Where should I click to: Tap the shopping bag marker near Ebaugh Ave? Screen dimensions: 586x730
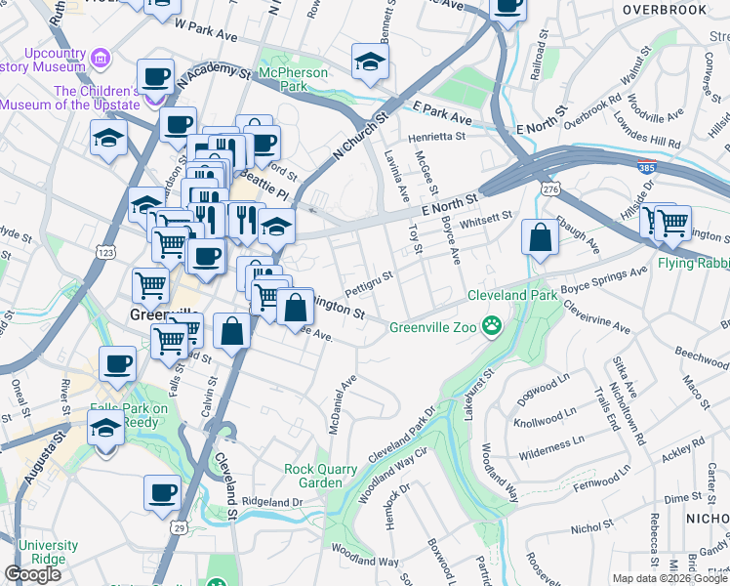click(x=540, y=238)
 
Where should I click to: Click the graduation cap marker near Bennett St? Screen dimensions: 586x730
click(x=369, y=63)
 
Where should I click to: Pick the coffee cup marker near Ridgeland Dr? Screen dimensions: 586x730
click(x=162, y=492)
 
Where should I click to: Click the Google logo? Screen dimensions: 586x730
click(x=33, y=574)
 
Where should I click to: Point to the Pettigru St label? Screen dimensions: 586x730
click(x=369, y=282)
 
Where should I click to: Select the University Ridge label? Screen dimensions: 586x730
click(x=48, y=552)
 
